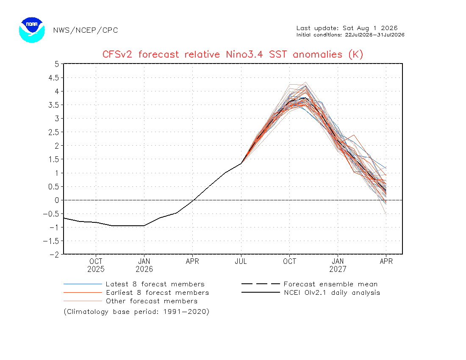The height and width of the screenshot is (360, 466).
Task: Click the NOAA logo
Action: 32,30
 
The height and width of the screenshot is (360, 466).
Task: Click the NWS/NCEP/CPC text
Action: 86,30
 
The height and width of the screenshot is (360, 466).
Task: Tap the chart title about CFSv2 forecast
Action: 233,54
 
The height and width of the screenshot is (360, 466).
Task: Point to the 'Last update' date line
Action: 347,28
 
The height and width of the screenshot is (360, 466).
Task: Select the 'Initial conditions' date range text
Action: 350,35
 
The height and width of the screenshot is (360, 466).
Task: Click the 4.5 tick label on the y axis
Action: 53,78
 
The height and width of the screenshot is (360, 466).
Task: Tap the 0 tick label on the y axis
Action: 57,200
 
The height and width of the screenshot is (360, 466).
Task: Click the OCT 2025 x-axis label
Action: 96,265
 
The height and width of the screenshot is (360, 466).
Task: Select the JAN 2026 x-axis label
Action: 144,265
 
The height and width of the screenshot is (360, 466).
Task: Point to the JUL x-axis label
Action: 241,261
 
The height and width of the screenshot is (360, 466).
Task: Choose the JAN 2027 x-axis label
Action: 338,265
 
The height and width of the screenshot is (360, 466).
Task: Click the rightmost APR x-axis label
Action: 386,261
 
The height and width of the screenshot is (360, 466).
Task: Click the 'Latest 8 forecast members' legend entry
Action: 134,284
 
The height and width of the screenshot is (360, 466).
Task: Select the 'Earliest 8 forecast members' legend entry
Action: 136,293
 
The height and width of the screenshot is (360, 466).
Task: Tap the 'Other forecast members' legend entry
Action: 130,301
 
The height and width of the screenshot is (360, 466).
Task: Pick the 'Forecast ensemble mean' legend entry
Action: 309,284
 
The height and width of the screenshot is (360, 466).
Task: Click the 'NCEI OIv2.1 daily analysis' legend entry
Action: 311,293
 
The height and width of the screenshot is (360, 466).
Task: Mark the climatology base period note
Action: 136,312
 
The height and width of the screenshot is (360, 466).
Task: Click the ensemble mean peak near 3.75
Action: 305,98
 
